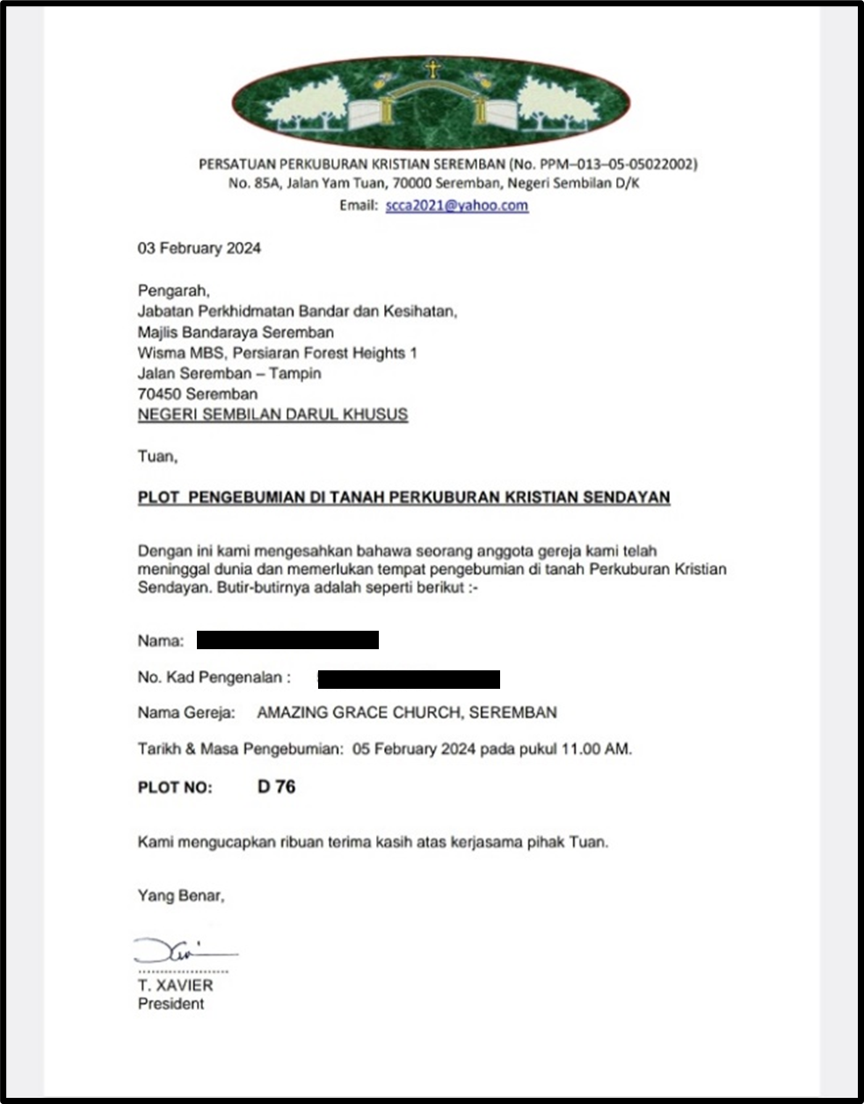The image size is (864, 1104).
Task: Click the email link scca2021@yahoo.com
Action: [x=456, y=206]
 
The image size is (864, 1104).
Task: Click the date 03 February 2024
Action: [x=199, y=248]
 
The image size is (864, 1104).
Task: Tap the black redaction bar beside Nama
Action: [x=287, y=640]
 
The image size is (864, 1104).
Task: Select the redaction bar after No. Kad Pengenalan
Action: [x=409, y=678]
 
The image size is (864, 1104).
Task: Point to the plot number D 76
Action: [x=276, y=786]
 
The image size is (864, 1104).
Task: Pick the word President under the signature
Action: [x=171, y=1004]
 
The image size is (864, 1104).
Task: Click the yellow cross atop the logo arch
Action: [x=432, y=69]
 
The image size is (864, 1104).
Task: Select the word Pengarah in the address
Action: [x=173, y=289]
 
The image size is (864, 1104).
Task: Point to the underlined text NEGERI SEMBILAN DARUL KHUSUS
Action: [x=272, y=414]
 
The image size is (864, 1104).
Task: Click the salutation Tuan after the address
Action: [x=156, y=457]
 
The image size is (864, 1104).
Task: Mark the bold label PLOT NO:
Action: [x=175, y=787]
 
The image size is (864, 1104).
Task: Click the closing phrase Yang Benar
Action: [x=180, y=896]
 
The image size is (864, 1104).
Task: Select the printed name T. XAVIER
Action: [x=175, y=985]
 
